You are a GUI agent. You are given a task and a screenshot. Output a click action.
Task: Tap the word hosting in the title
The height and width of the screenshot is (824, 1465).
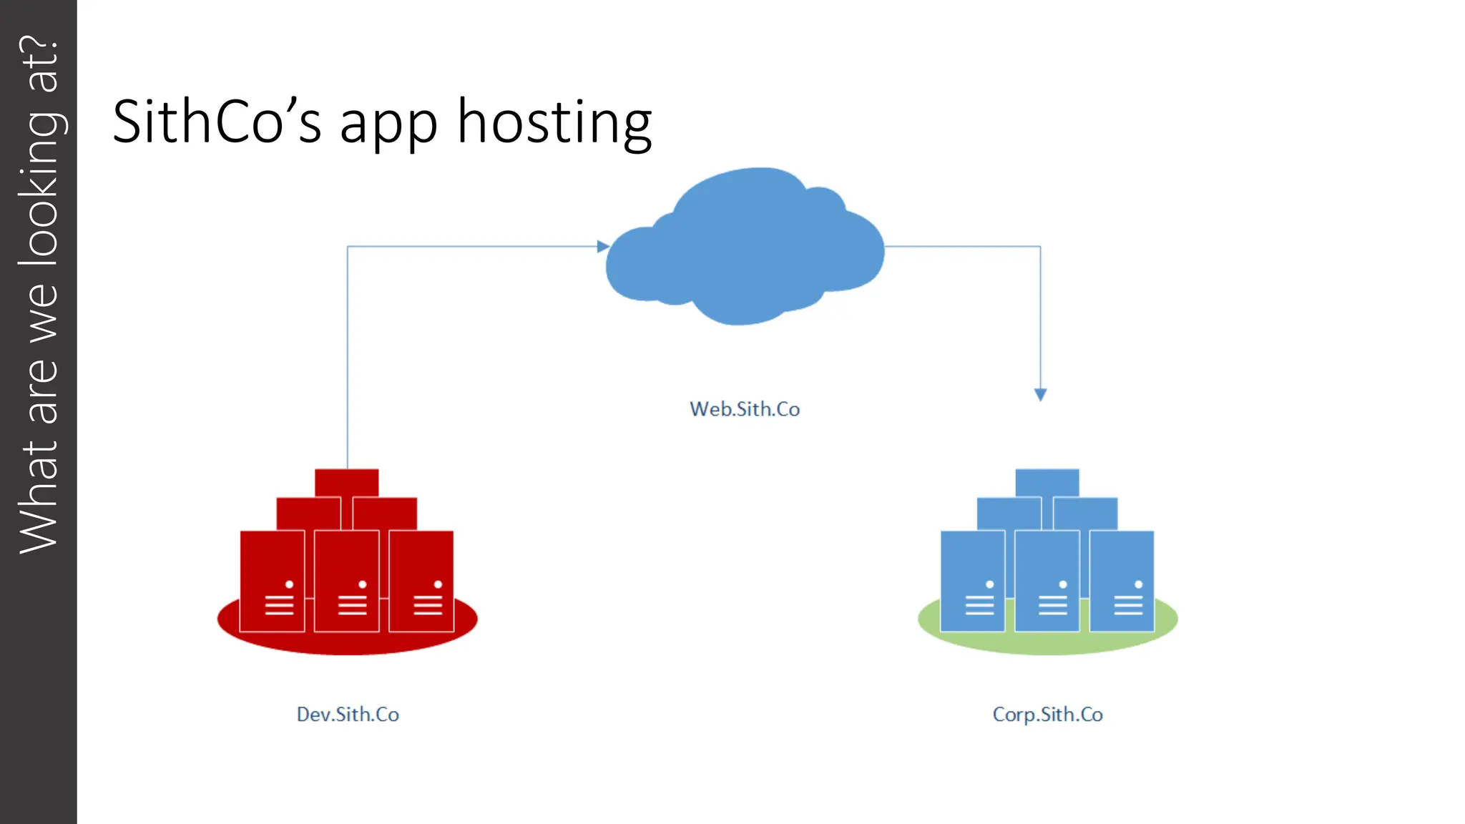(x=554, y=122)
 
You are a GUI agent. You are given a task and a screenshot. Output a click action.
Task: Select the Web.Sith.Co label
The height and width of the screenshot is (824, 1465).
(x=745, y=409)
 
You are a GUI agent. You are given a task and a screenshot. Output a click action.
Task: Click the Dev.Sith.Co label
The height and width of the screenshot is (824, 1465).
(x=348, y=714)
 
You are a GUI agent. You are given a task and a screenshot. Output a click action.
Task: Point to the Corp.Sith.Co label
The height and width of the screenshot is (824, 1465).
(x=1047, y=714)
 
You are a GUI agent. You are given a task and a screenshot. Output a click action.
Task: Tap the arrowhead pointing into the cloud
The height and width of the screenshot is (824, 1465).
(x=603, y=246)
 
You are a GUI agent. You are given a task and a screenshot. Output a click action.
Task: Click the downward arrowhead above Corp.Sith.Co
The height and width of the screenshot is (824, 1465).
(x=1041, y=394)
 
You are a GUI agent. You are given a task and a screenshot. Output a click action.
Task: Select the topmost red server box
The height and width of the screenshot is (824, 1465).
(x=347, y=481)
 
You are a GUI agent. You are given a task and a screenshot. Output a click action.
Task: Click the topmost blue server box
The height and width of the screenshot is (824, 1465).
(x=1047, y=481)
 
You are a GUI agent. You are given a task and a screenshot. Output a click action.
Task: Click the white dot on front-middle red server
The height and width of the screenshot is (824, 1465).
(x=363, y=584)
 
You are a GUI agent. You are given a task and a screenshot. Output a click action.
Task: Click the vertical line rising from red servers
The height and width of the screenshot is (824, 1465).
(x=348, y=358)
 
